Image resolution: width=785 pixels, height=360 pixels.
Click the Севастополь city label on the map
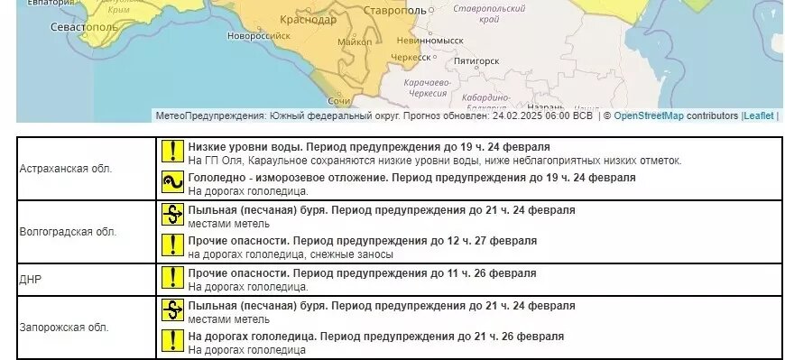[84, 27]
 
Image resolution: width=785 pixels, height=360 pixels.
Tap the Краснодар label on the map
[308, 19]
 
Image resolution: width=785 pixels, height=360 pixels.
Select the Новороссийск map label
[258, 36]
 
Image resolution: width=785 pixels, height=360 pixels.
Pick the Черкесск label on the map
[410, 57]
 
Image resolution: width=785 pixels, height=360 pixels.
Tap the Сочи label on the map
[339, 100]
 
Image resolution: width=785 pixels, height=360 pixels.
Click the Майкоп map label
[354, 42]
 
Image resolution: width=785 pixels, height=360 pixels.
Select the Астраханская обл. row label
[66, 169]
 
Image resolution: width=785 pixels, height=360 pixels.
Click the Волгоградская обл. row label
[68, 232]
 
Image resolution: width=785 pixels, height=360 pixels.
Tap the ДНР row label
[31, 280]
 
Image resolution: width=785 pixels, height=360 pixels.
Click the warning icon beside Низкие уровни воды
[171, 152]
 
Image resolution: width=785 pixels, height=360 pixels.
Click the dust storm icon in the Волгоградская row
[171, 216]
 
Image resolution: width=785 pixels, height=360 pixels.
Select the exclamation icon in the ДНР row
[171, 279]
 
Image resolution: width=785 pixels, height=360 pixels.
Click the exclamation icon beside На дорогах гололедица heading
[171, 342]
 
